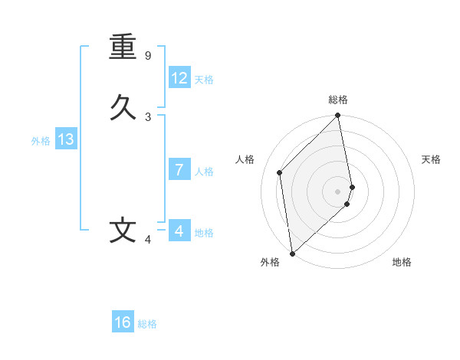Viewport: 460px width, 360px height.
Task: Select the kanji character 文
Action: [x=123, y=231]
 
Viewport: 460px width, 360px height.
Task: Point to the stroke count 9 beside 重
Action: [x=148, y=56]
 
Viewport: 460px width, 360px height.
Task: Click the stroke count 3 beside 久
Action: [x=148, y=116]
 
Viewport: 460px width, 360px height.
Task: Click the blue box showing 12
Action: [x=179, y=78]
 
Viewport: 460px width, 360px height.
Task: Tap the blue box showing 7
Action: [x=179, y=169]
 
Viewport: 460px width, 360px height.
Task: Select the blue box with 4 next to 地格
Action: [x=179, y=231]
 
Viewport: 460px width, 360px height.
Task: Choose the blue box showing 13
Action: [x=66, y=139]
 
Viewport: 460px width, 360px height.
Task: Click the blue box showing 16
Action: [x=123, y=322]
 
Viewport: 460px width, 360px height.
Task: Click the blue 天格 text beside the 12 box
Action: [x=204, y=80]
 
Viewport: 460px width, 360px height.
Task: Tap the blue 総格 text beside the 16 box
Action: [x=147, y=324]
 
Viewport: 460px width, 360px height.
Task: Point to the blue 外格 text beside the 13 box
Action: [x=41, y=141]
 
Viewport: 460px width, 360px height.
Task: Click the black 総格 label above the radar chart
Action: [x=338, y=100]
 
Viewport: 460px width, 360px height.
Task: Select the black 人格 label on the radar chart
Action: [x=245, y=159]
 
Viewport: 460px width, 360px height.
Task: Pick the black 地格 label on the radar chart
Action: [x=402, y=262]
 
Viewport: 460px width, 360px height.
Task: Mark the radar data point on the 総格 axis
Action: [x=338, y=116]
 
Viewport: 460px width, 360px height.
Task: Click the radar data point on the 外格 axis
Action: [x=291, y=254]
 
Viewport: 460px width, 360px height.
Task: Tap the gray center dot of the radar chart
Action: [x=338, y=191]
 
